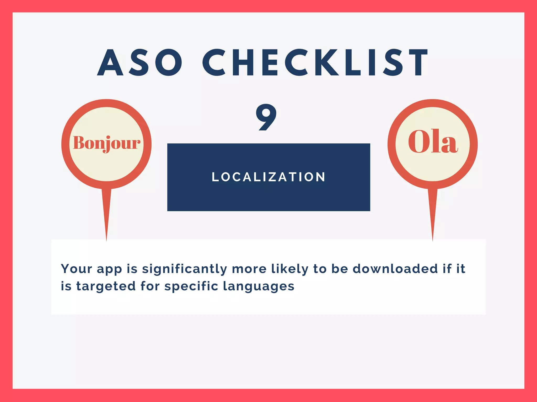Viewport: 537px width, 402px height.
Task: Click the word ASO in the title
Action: pyautogui.click(x=139, y=63)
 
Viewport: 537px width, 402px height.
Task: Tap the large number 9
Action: pyautogui.click(x=266, y=117)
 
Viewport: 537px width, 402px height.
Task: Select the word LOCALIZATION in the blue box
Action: pyautogui.click(x=268, y=177)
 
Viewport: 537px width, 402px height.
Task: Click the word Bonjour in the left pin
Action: pyautogui.click(x=106, y=143)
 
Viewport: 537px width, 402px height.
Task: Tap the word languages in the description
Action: pyautogui.click(x=259, y=286)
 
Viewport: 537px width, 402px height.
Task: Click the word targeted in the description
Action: pyautogui.click(x=106, y=286)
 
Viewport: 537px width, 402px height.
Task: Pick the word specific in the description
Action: pyautogui.click(x=191, y=286)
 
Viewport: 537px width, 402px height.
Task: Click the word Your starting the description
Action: pyautogui.click(x=77, y=269)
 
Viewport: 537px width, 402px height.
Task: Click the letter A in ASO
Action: pyautogui.click(x=110, y=63)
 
